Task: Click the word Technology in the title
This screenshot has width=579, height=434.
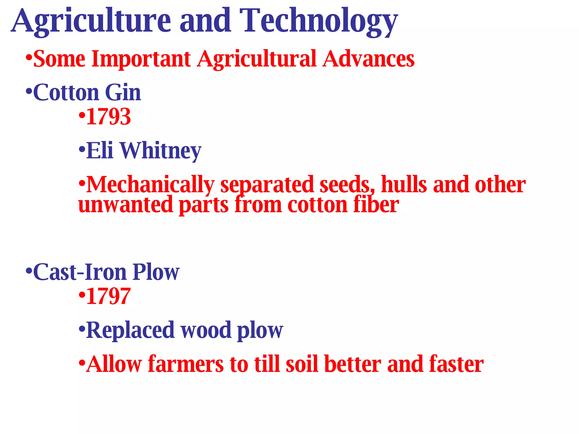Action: click(x=319, y=21)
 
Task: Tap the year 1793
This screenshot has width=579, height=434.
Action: click(x=108, y=117)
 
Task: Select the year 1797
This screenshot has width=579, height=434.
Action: click(x=108, y=296)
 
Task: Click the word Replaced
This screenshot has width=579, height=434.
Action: click(x=130, y=330)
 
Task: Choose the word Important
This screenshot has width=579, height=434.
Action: click(x=141, y=59)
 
